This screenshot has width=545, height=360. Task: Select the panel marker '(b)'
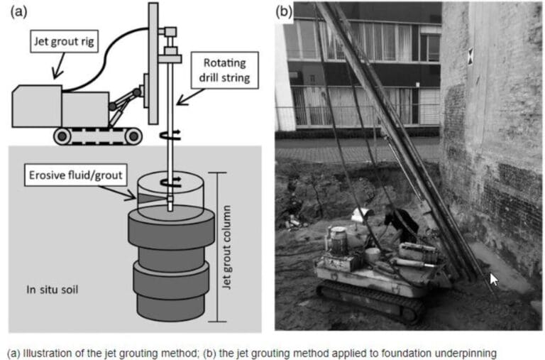(284, 10)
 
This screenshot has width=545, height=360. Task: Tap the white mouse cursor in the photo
(494, 279)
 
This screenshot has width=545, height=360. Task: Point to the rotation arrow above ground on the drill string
(168, 135)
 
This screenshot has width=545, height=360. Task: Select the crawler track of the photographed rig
(369, 299)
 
